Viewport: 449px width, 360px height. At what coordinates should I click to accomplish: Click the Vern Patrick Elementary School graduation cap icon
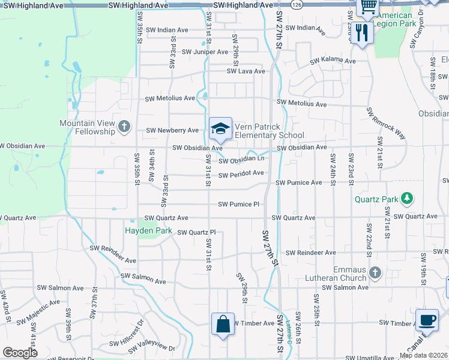[221, 128]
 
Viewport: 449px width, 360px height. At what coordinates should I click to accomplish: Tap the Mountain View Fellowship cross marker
[124, 126]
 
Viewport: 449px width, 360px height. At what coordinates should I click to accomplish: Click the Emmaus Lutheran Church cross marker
[375, 273]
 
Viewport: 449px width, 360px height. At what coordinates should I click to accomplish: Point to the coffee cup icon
[427, 320]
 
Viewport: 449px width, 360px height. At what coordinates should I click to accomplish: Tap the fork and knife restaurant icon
[361, 32]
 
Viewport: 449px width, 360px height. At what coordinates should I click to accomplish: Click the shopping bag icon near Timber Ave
[223, 324]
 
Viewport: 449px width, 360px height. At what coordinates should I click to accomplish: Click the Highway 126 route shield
[298, 5]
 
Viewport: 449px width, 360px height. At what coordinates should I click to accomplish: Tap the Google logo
[20, 353]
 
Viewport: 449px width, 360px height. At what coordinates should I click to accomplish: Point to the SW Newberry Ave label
[172, 130]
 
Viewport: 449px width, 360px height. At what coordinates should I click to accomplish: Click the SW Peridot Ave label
[241, 174]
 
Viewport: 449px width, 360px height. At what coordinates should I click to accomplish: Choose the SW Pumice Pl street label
[238, 204]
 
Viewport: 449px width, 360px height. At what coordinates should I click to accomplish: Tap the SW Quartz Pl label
[196, 232]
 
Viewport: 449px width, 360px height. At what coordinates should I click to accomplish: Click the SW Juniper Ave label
[205, 52]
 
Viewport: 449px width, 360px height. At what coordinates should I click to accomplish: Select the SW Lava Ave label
[246, 71]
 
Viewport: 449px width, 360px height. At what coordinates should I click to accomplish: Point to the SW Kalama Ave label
[333, 61]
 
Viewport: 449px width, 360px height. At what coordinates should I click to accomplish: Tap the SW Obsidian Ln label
[241, 160]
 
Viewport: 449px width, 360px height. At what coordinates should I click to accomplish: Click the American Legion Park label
[392, 19]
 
